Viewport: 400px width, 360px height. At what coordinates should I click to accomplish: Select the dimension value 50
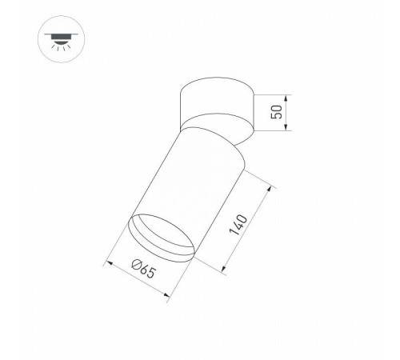click(277, 111)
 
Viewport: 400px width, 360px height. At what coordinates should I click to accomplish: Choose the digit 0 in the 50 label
click(277, 106)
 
